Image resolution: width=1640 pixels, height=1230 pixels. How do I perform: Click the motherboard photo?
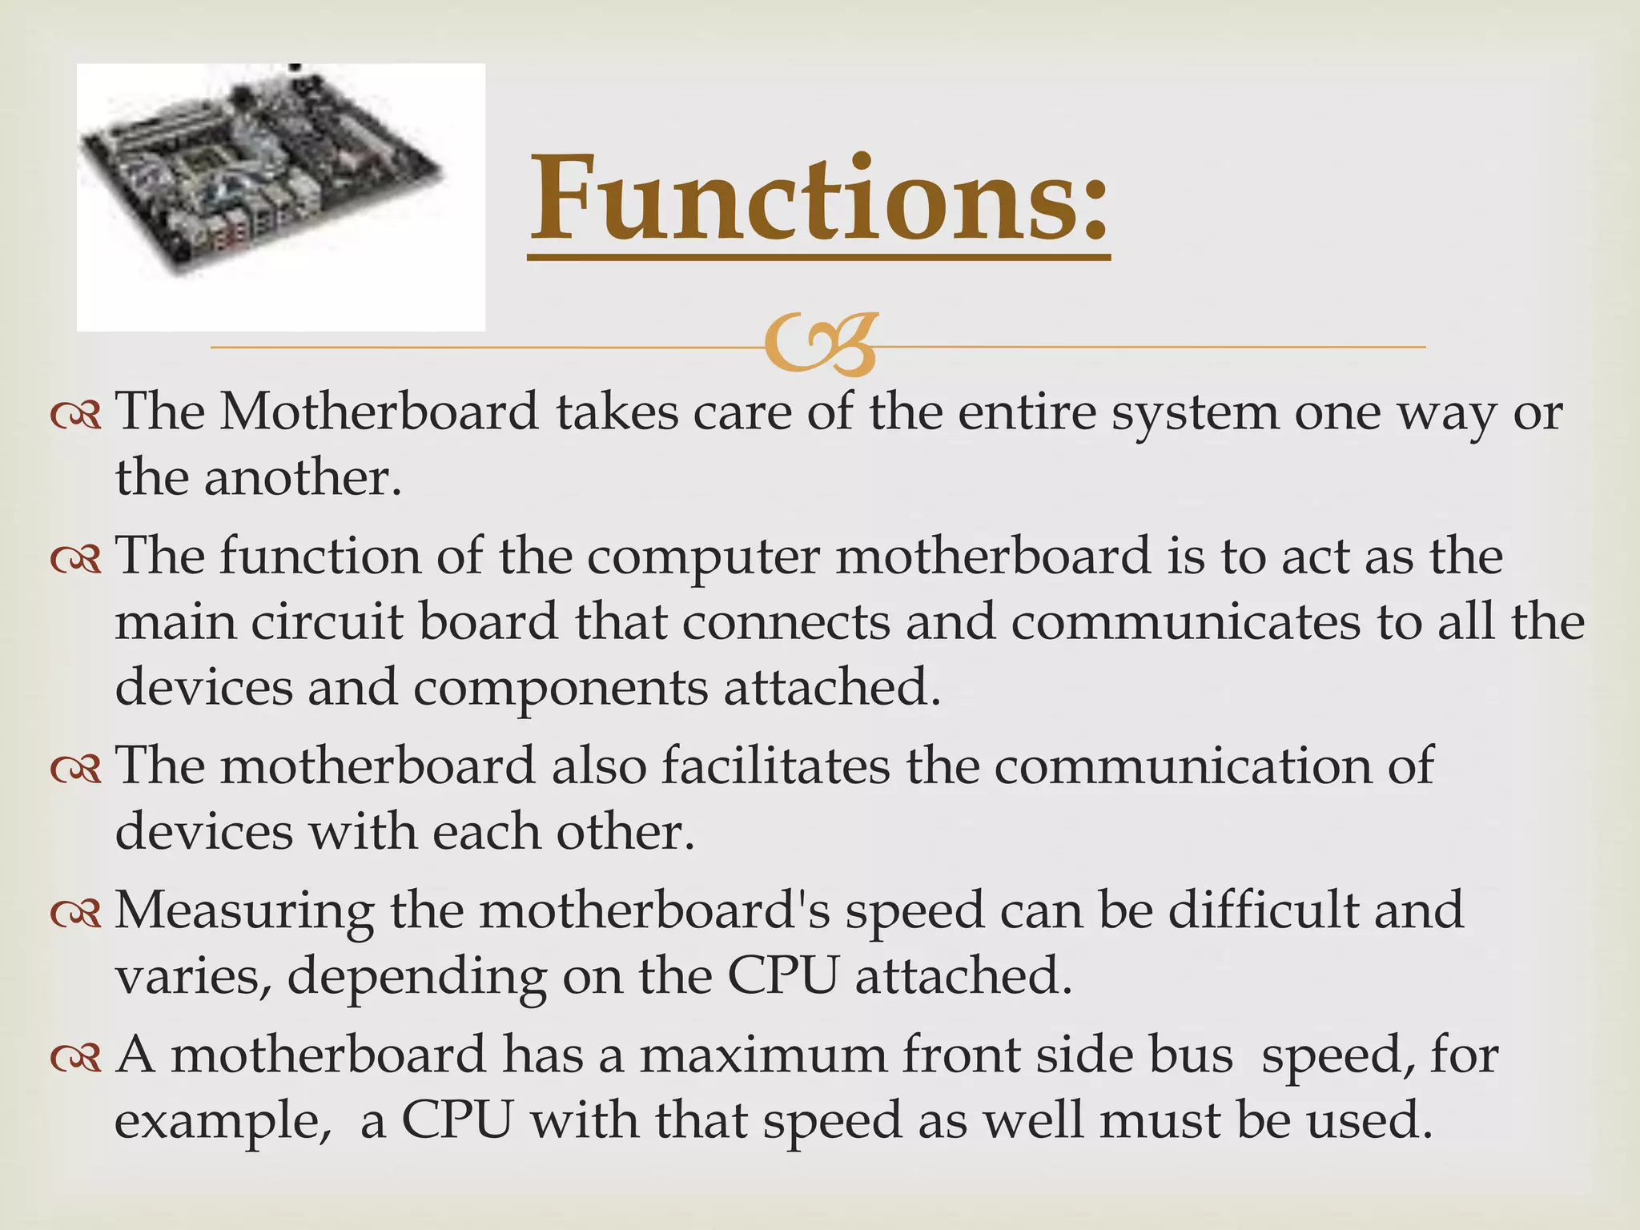280,197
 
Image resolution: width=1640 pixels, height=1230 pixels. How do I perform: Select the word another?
302,479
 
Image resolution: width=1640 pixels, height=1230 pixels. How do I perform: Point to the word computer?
703,557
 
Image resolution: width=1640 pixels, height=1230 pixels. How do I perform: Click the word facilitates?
775,766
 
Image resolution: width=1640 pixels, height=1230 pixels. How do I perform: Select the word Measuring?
244,911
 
